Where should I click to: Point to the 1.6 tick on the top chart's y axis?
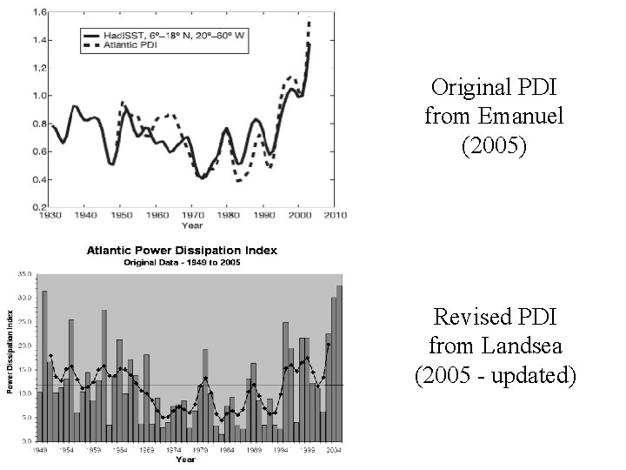[40, 12]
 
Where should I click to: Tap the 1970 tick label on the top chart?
[192, 214]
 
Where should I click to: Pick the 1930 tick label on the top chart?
[50, 214]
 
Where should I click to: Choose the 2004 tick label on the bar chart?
[333, 451]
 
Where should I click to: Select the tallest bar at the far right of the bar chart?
[339, 365]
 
